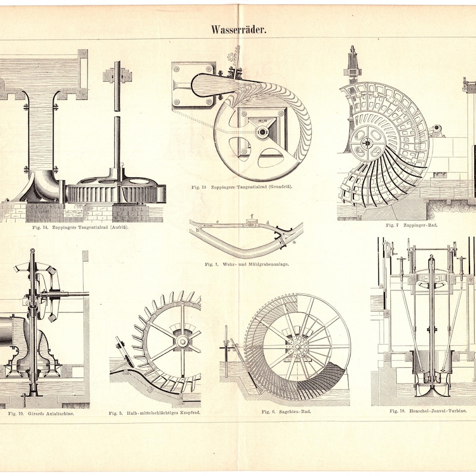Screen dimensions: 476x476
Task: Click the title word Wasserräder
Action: pos(239,30)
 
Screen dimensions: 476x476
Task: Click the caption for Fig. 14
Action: pos(80,227)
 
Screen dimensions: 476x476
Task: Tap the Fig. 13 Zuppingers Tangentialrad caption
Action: pos(242,187)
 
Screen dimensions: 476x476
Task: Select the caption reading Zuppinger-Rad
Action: pos(411,226)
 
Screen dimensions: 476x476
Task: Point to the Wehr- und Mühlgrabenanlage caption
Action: pos(246,264)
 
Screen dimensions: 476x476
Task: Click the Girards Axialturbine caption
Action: pos(41,413)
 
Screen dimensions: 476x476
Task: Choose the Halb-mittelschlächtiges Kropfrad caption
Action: pos(155,413)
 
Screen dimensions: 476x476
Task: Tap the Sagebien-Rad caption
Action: pos(286,412)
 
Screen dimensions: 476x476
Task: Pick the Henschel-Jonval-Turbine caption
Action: pos(428,411)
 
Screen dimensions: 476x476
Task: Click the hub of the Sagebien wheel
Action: pos(297,346)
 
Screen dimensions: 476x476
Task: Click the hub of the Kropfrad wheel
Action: pos(182,342)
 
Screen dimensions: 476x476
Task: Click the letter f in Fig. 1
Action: pos(252,217)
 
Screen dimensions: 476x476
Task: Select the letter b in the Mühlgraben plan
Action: pos(198,230)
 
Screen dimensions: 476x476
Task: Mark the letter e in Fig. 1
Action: pos(217,222)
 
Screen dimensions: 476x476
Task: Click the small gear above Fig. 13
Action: pos(231,57)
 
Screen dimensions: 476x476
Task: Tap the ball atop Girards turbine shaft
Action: pos(33,250)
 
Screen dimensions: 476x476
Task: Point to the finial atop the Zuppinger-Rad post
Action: pos(352,49)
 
